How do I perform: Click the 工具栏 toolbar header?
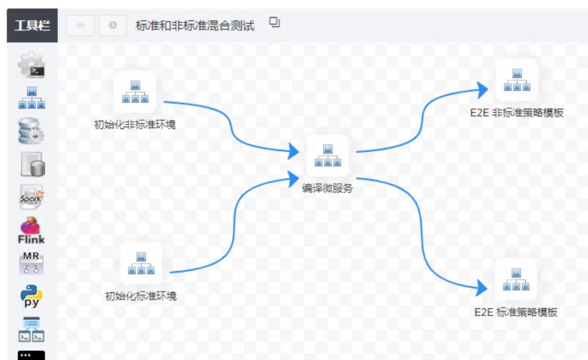coord(32,26)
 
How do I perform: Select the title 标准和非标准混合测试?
coord(195,26)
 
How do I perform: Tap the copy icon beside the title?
coord(275,22)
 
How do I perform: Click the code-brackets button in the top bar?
coord(81,26)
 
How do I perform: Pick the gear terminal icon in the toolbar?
coord(32,65)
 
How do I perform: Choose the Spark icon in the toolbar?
coord(32,197)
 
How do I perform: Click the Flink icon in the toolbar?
coord(32,231)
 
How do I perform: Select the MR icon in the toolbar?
coord(32,263)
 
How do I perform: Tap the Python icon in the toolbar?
coord(32,296)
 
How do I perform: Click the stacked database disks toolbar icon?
coord(32,131)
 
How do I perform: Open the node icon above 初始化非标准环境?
coord(135,92)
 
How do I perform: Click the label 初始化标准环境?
coord(140,297)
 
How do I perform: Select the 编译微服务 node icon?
coord(327,155)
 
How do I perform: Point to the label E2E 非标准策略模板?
coord(517,113)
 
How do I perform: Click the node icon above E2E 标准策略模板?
coord(516,279)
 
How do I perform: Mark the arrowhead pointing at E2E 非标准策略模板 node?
coord(481,89)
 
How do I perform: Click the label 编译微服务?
coord(327,188)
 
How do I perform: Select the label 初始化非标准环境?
coord(135,125)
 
